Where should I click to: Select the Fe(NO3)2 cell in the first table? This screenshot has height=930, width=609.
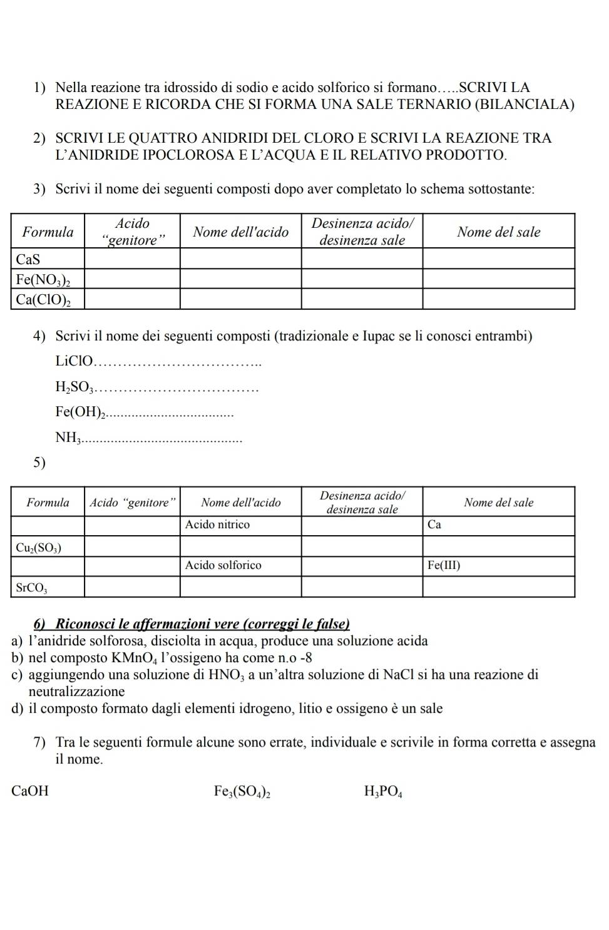tap(43, 279)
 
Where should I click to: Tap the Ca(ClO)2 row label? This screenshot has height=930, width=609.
tap(43, 299)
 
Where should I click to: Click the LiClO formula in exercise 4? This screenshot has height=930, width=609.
tap(74, 361)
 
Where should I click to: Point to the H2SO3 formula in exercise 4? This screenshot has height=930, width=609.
tap(74, 388)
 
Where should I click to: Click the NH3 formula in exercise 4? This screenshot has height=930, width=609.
tap(68, 438)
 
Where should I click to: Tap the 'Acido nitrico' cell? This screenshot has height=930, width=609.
tap(218, 524)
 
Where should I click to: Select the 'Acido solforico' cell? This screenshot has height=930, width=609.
tap(223, 565)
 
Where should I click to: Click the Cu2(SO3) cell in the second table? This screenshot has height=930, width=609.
tap(38, 547)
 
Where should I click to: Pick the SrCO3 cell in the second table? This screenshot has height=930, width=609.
tap(32, 588)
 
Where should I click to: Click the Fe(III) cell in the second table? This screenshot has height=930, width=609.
tap(444, 565)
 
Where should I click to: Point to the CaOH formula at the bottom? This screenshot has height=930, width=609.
tap(30, 791)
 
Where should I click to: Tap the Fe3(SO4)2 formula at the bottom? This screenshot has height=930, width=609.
tap(242, 792)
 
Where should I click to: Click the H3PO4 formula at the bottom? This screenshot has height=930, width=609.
tap(383, 792)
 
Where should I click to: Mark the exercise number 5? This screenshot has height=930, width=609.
tap(39, 462)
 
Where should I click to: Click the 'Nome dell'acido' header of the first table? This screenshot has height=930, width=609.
tap(241, 232)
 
